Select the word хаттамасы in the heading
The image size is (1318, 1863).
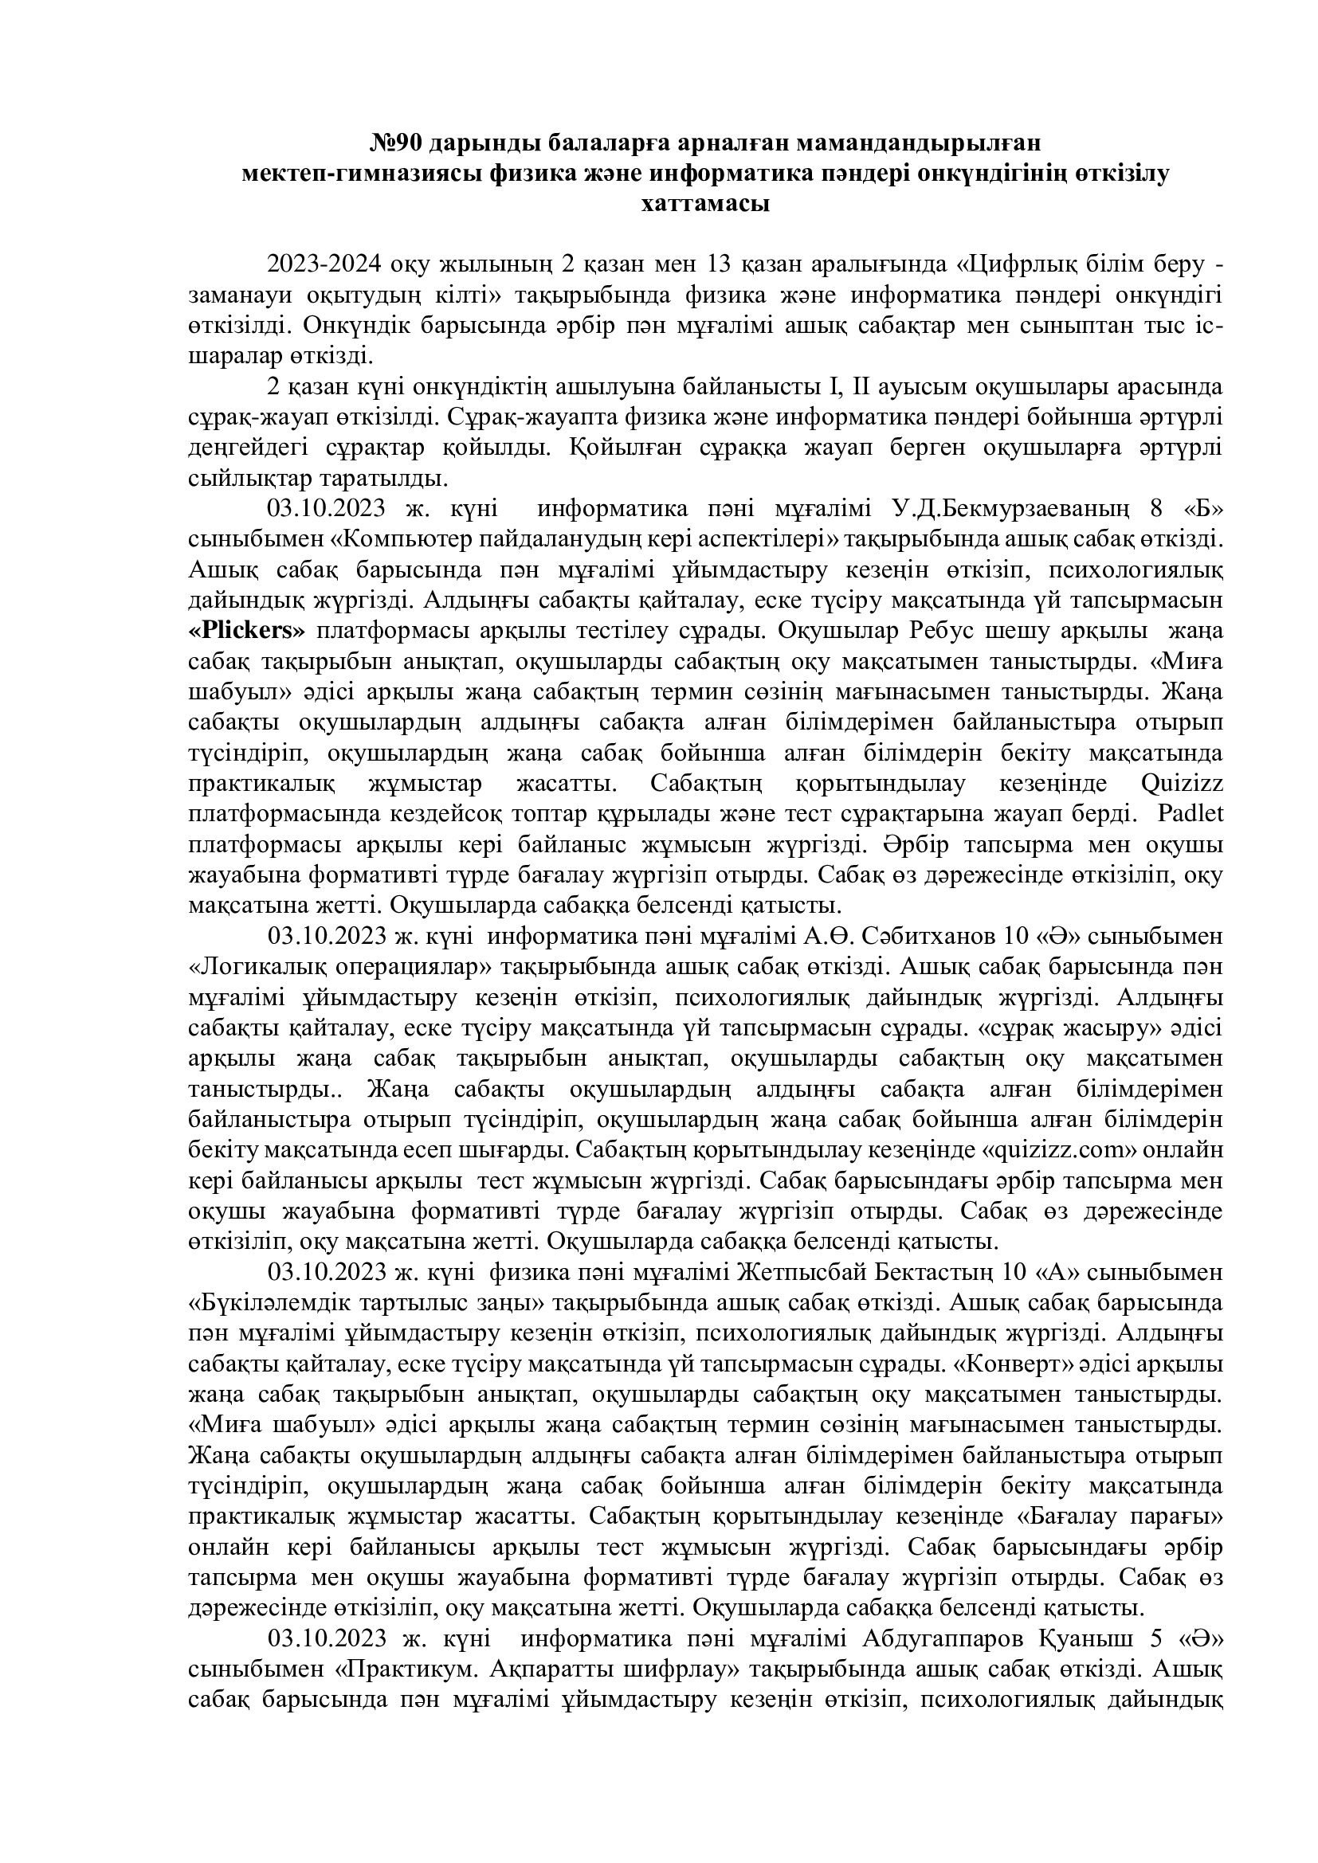coord(705,204)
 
